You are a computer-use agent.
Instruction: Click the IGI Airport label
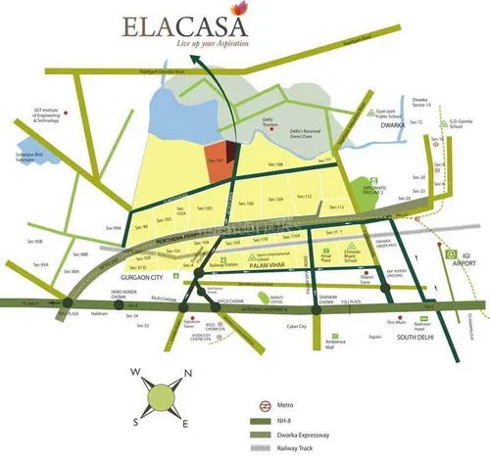pos(457,262)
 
